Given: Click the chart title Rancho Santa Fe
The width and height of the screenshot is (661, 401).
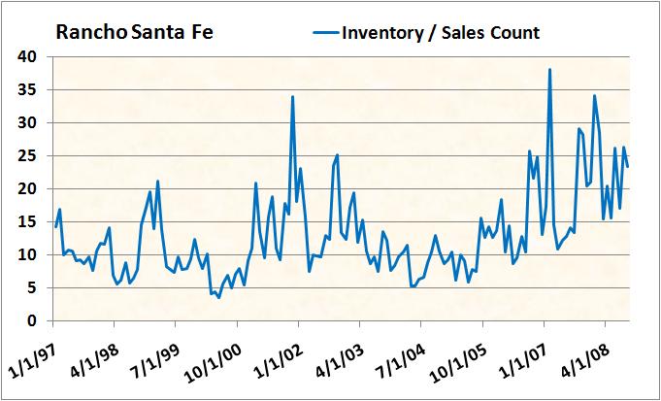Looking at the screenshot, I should click(x=134, y=33).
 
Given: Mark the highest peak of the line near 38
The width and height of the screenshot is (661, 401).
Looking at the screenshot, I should click(x=549, y=70).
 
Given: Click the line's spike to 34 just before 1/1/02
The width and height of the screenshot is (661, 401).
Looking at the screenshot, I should click(x=292, y=96).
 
